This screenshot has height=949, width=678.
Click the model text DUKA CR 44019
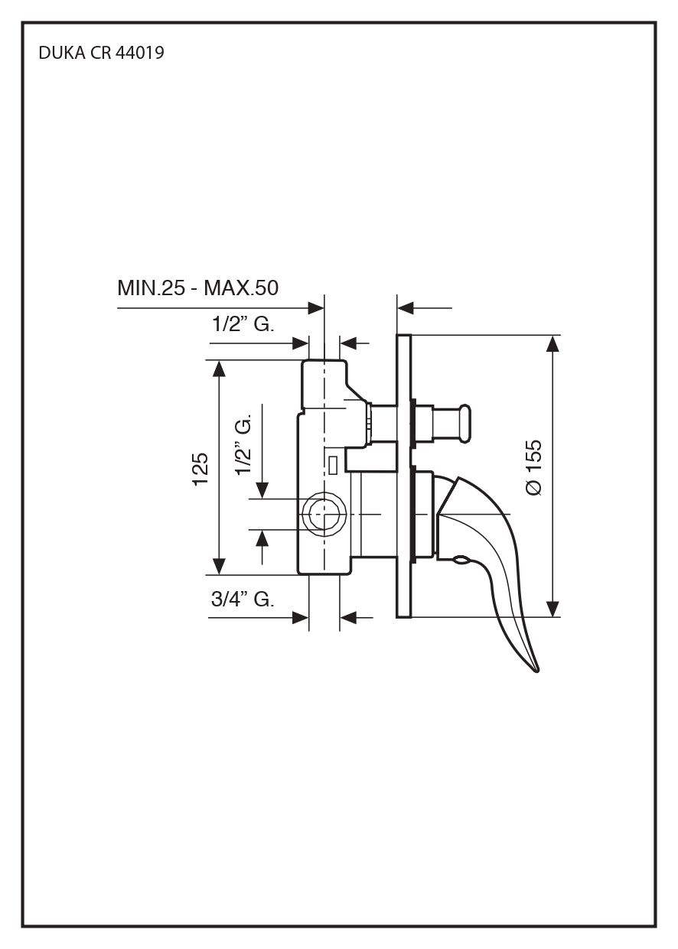point(100,54)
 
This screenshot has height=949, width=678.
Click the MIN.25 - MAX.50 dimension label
point(197,288)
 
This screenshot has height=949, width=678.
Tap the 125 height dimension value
point(200,468)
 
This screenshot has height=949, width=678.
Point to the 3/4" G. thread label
point(242,600)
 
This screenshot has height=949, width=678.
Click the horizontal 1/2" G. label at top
point(243,324)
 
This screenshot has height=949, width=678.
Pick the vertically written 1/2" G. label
point(245,447)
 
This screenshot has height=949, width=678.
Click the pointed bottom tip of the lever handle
point(537,670)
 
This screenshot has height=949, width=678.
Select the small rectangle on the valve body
point(334,463)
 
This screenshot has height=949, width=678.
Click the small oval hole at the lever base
point(461,562)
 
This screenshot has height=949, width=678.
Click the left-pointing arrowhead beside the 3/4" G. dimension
point(347,616)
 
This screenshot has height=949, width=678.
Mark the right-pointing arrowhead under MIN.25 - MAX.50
point(315,308)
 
